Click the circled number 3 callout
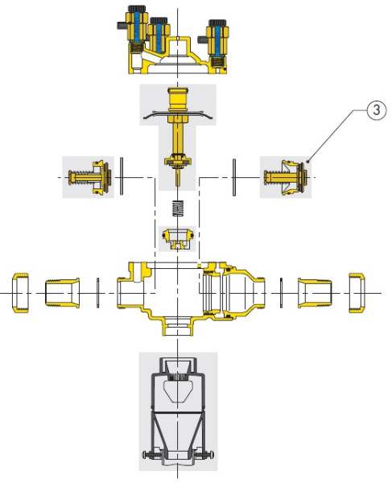(376, 110)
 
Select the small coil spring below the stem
(178, 208)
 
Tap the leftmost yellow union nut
(20, 293)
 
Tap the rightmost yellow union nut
(357, 293)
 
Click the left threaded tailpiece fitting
(63, 293)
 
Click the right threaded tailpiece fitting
(315, 293)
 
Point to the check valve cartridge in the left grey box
(89, 178)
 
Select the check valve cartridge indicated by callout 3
(285, 178)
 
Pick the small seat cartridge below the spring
(178, 239)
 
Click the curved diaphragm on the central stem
(178, 114)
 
